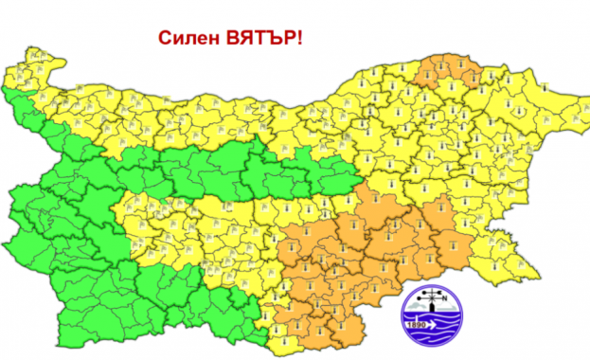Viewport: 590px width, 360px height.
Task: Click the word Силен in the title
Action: (188, 40)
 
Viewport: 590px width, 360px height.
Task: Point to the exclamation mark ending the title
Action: (301, 40)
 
